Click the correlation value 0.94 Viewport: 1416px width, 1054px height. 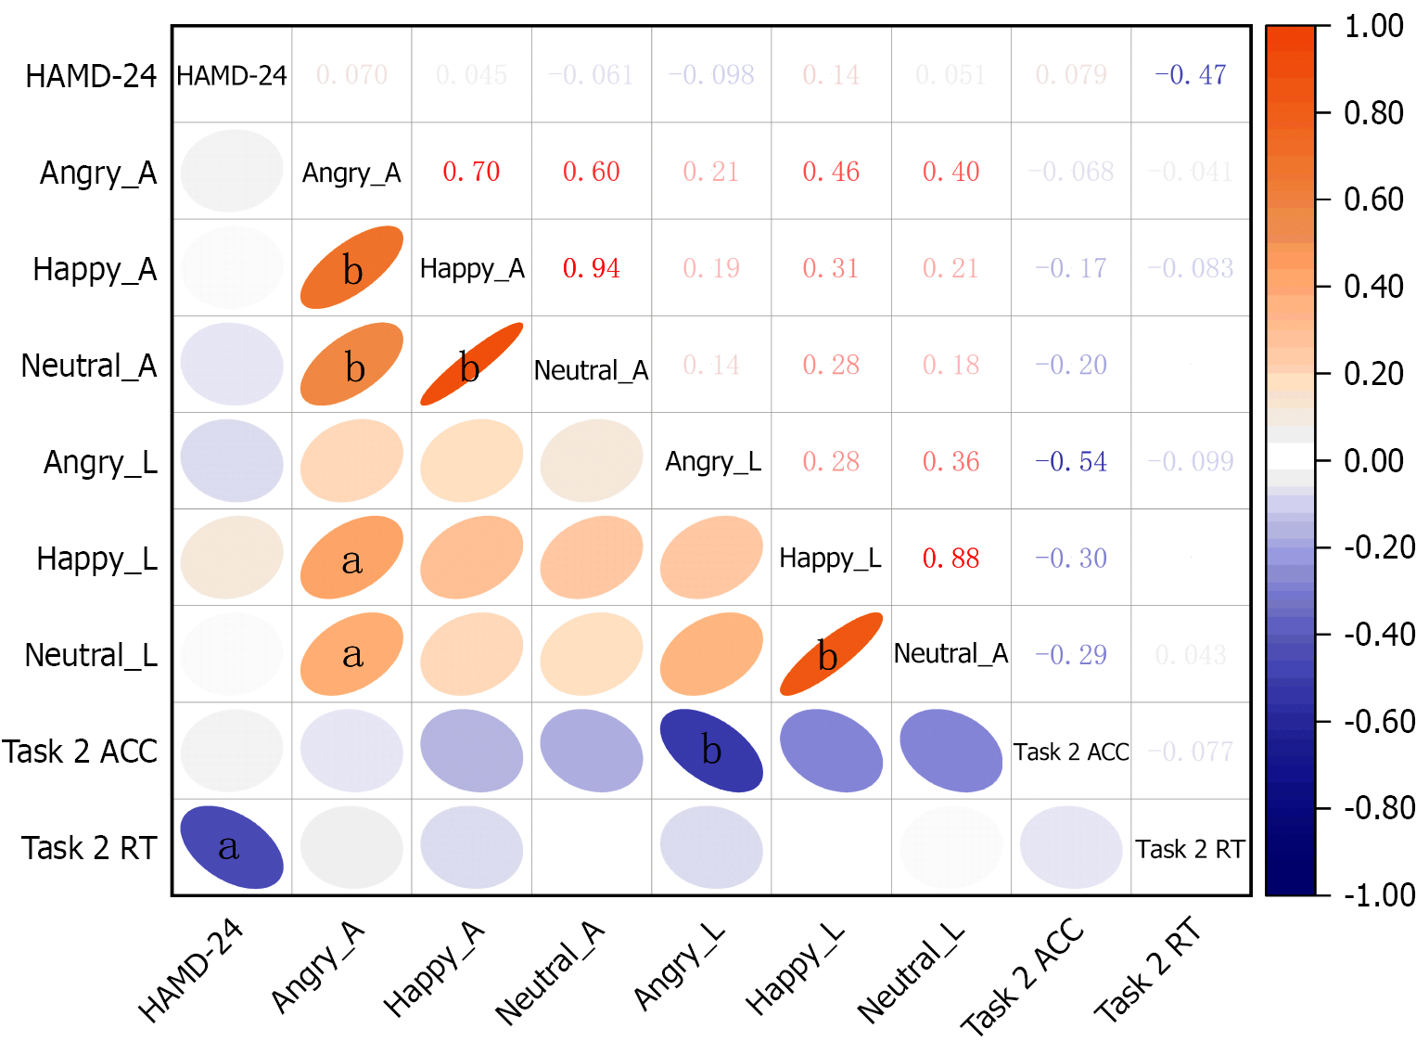click(592, 268)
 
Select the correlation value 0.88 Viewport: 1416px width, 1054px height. click(950, 558)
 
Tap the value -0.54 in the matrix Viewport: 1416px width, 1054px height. click(1071, 461)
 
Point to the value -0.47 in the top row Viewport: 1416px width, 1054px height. click(1191, 75)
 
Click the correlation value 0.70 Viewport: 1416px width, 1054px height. click(471, 172)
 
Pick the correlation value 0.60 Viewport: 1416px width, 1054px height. click(592, 172)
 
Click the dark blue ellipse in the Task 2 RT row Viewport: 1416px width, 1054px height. click(232, 847)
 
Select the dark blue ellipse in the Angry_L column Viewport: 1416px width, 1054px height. click(711, 750)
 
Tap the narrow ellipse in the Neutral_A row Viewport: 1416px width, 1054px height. click(471, 365)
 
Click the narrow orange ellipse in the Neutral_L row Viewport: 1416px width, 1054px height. click(831, 654)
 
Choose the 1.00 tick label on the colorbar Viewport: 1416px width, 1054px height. click(1373, 26)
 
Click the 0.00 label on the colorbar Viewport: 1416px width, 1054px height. click(1373, 460)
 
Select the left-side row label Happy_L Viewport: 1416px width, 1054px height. click(96, 559)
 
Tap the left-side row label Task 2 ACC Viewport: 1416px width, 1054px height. click(80, 751)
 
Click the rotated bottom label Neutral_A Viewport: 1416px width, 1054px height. click(549, 974)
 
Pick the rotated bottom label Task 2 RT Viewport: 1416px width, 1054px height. click(1148, 970)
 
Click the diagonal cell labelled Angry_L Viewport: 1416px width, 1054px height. click(713, 461)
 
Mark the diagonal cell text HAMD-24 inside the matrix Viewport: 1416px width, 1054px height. click(232, 75)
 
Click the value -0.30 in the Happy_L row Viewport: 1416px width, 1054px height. click(1071, 558)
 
